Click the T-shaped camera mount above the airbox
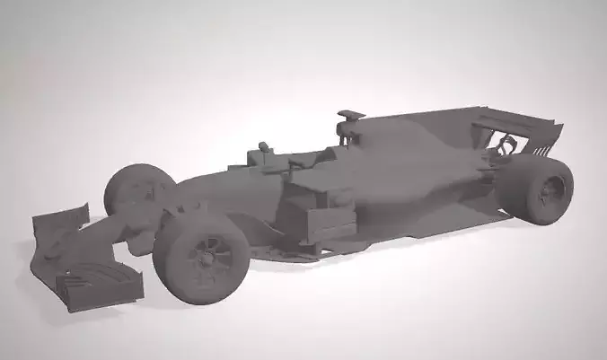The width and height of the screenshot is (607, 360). (350, 116)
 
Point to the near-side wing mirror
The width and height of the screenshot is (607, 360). (297, 165)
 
